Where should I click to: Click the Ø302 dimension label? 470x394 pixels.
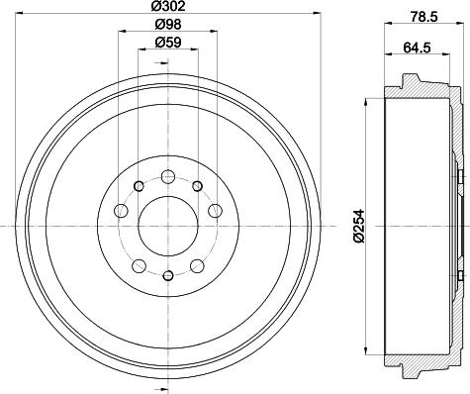168,6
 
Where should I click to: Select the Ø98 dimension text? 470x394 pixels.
168,24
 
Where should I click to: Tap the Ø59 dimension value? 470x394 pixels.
168,43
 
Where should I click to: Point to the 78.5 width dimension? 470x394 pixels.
423,17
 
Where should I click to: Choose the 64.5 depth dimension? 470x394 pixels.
417,48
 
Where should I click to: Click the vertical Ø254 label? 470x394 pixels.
359,226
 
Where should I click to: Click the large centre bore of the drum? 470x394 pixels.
168,226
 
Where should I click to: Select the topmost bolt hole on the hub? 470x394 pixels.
168,176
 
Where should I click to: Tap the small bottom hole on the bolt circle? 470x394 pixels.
168,275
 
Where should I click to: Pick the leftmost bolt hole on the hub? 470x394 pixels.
121,211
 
